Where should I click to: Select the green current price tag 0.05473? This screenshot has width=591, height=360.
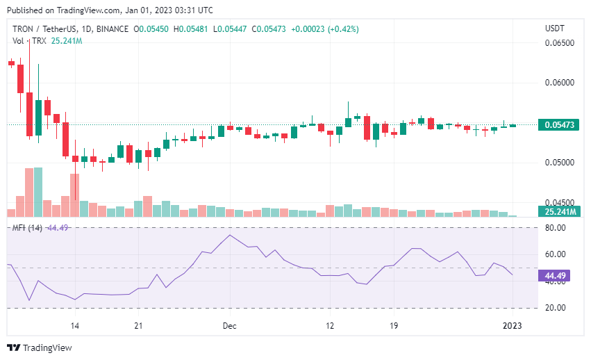[x=558, y=125]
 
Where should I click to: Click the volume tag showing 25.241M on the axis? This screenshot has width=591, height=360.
[x=558, y=211]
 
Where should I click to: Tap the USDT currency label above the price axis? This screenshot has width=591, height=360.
[x=556, y=28]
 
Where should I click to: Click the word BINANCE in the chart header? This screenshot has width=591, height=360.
[x=111, y=29]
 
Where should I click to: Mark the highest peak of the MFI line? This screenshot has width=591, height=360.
[x=230, y=235]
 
